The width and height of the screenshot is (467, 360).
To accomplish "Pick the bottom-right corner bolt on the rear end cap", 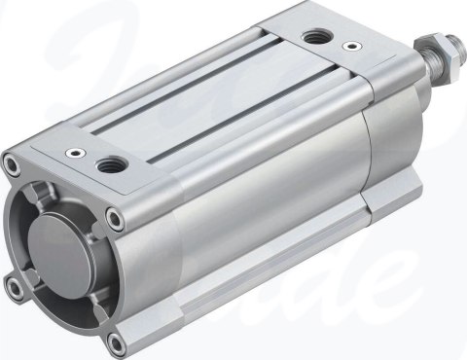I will point(116,341).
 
